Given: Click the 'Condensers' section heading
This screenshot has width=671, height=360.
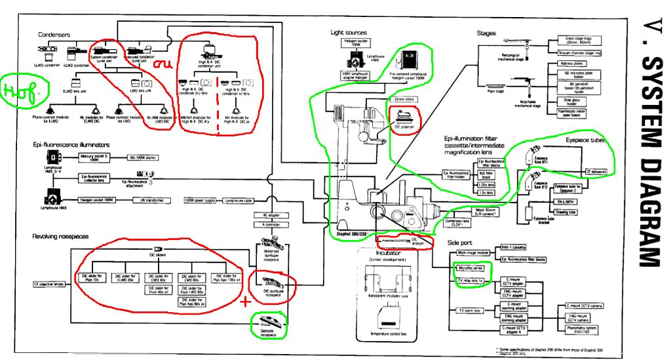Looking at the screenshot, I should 54,35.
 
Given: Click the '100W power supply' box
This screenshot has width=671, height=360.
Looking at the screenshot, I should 200,199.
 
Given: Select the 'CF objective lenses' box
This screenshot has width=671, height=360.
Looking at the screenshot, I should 50,285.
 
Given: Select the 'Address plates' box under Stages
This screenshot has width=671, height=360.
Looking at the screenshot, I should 569,64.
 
